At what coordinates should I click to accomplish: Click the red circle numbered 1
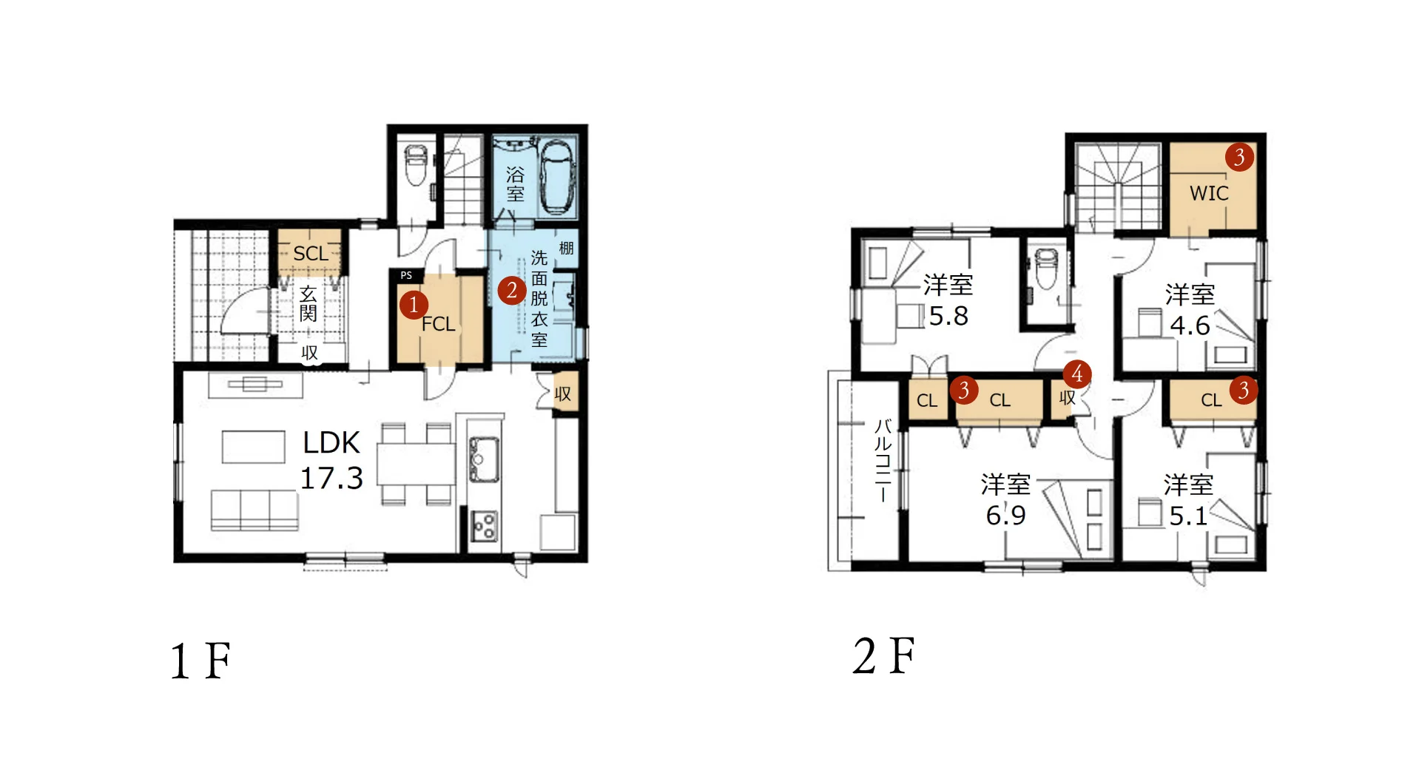(x=414, y=304)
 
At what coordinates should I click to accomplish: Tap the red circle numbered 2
(x=512, y=290)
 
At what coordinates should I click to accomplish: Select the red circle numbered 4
(x=1077, y=374)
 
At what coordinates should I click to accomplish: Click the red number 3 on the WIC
(x=1239, y=157)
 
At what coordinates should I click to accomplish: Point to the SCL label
(x=311, y=254)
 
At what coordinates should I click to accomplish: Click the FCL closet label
(x=438, y=324)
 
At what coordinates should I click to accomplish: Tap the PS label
(x=406, y=275)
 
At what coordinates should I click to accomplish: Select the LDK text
(x=331, y=442)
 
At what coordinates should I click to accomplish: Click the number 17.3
(x=331, y=479)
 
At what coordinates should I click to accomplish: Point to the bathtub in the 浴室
(x=556, y=176)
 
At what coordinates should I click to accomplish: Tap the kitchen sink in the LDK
(x=483, y=459)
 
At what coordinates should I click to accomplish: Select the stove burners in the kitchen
(x=485, y=527)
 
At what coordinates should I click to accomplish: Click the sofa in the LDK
(x=255, y=510)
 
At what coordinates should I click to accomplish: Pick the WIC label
(x=1209, y=193)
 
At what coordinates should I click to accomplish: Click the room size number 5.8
(x=948, y=316)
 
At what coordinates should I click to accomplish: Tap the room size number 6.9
(x=1005, y=515)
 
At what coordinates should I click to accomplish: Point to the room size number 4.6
(x=1190, y=325)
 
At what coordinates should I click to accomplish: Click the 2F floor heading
(x=883, y=655)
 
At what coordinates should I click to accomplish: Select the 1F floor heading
(x=200, y=661)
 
